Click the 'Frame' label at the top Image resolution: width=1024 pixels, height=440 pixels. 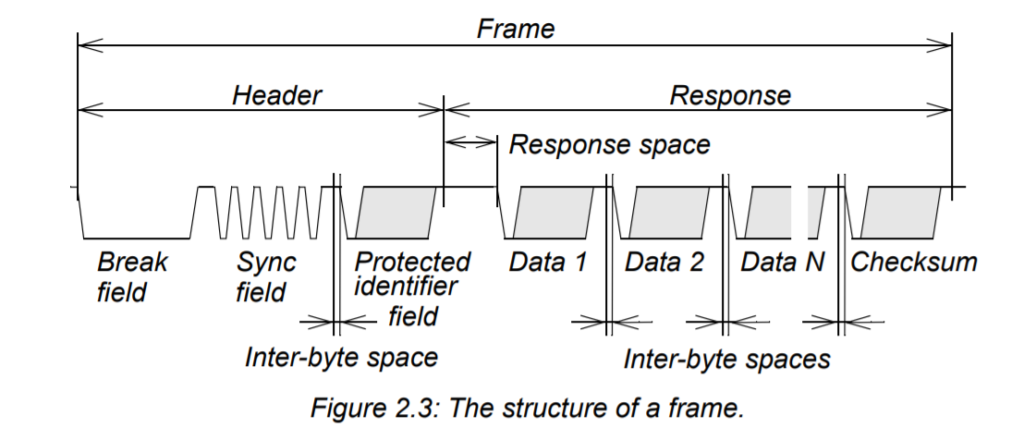click(515, 29)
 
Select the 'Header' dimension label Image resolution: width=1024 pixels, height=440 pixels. click(276, 95)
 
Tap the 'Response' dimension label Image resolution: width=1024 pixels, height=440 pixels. click(730, 95)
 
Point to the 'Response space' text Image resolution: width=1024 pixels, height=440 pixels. click(610, 144)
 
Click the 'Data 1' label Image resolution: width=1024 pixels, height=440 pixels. click(548, 263)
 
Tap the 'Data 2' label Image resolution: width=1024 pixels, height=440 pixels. click(664, 263)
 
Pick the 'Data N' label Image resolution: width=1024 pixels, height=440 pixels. click(782, 263)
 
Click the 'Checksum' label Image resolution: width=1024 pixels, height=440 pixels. click(913, 263)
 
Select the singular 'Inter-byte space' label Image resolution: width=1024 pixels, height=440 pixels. click(340, 357)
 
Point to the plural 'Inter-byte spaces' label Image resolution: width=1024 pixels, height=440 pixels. click(726, 359)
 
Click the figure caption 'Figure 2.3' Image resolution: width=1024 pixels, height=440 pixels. click(512, 408)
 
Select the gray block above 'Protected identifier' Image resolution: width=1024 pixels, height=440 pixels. click(398, 212)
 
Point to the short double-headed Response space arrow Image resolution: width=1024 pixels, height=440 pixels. click(470, 141)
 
